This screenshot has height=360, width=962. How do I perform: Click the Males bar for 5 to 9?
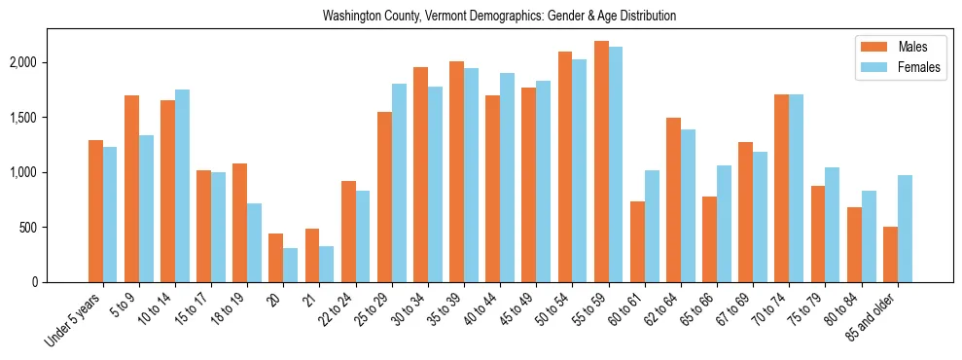[131, 189]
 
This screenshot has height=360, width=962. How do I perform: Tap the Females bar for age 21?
[327, 264]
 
